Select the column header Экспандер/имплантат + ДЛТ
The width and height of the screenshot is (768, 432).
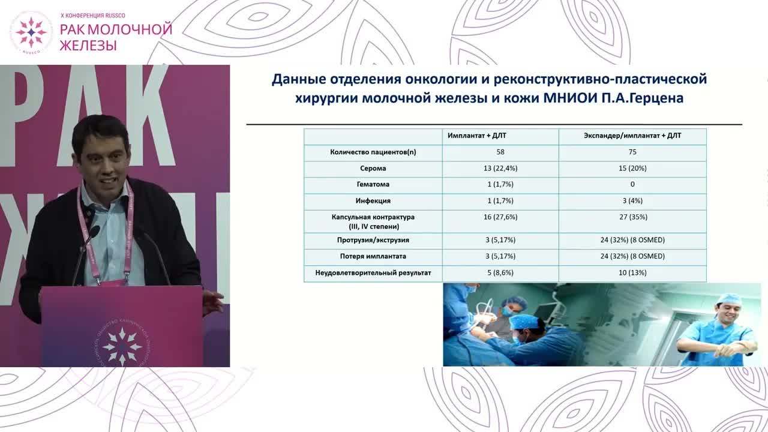coord(632,136)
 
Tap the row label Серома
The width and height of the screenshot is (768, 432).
coord(373,169)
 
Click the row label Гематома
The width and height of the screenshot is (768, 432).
coord(373,185)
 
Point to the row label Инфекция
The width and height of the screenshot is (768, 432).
coord(373,201)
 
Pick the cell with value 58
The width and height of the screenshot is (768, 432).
coord(500,152)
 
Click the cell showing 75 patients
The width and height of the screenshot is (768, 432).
coord(632,152)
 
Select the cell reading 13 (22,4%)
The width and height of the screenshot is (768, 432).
coord(500,169)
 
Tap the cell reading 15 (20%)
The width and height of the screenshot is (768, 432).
coord(632,169)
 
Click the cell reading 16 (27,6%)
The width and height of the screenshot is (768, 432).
coord(500,217)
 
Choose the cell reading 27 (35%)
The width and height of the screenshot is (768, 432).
coord(632,217)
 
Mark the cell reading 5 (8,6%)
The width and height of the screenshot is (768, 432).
coord(500,273)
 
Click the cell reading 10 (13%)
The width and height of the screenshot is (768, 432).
coord(632,273)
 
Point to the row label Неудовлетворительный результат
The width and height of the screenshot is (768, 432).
coord(373,273)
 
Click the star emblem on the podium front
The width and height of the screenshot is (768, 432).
coord(122,344)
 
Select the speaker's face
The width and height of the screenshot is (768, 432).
coord(102,159)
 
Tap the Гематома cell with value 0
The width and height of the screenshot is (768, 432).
coord(632,185)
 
